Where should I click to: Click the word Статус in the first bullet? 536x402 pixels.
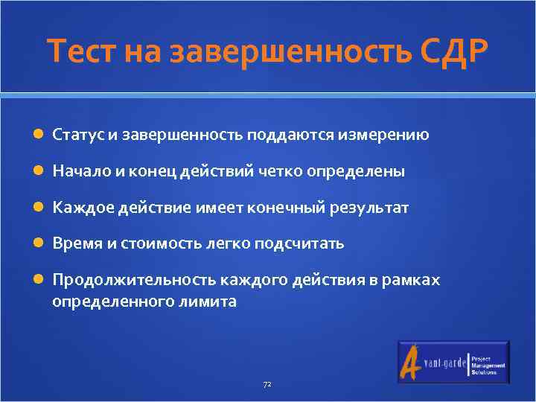pyautogui.click(x=78, y=135)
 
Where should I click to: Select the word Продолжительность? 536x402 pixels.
pyautogui.click(x=133, y=280)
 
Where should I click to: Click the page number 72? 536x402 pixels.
pyautogui.click(x=267, y=385)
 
